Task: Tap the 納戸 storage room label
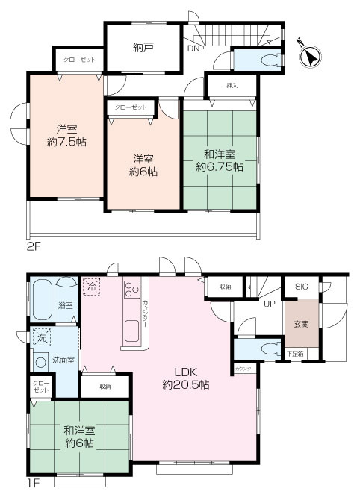[x=143, y=47]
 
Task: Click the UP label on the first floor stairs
[x=267, y=302]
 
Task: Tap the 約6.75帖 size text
[x=220, y=167]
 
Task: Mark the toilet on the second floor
[x=259, y=61]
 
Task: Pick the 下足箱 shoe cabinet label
[x=295, y=354]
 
